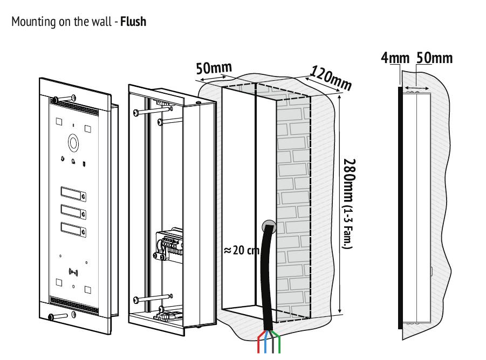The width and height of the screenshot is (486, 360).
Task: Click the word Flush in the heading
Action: [x=133, y=23]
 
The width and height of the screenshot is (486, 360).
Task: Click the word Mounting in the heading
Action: [x=28, y=23]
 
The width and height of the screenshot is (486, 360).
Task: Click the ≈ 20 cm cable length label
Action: [x=242, y=251]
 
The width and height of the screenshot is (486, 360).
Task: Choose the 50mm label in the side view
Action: [x=434, y=58]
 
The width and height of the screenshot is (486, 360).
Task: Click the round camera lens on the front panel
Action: [x=73, y=143]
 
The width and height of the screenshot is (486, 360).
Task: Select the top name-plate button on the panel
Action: [x=73, y=192]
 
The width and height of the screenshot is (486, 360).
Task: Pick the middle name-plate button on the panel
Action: [x=73, y=210]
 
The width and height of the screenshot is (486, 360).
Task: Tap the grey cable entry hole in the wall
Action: [x=268, y=227]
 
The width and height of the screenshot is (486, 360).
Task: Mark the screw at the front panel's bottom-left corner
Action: [x=52, y=317]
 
